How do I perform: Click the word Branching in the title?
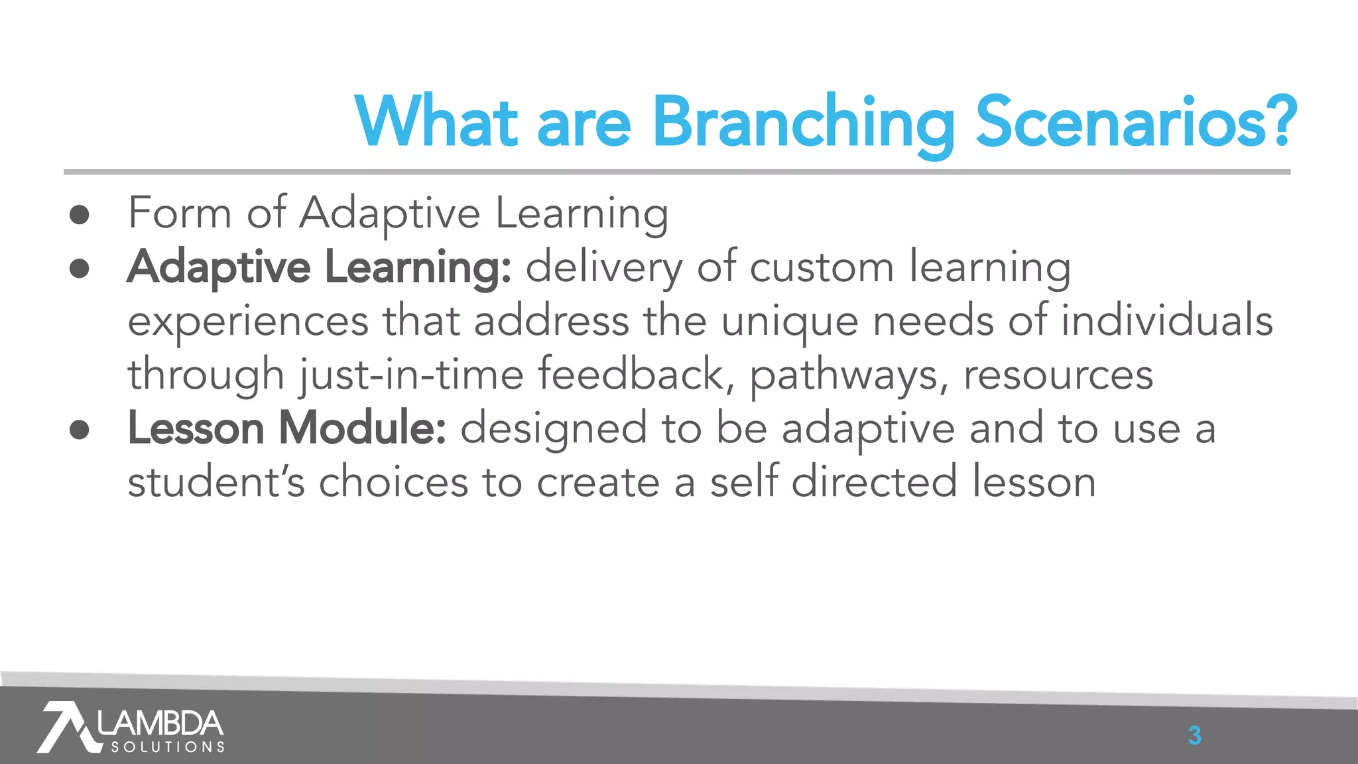(803, 123)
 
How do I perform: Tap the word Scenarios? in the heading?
(1136, 123)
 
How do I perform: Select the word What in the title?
(436, 123)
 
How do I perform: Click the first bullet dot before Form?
(80, 214)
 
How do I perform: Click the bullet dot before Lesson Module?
(80, 429)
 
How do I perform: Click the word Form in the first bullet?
(180, 214)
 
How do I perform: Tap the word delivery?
(603, 268)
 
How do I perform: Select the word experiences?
(248, 322)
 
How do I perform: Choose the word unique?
(789, 322)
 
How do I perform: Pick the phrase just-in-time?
(411, 375)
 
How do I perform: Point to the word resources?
(1058, 375)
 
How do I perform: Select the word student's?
(216, 482)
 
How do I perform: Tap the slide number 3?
(1194, 735)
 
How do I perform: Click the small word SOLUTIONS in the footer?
(168, 747)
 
